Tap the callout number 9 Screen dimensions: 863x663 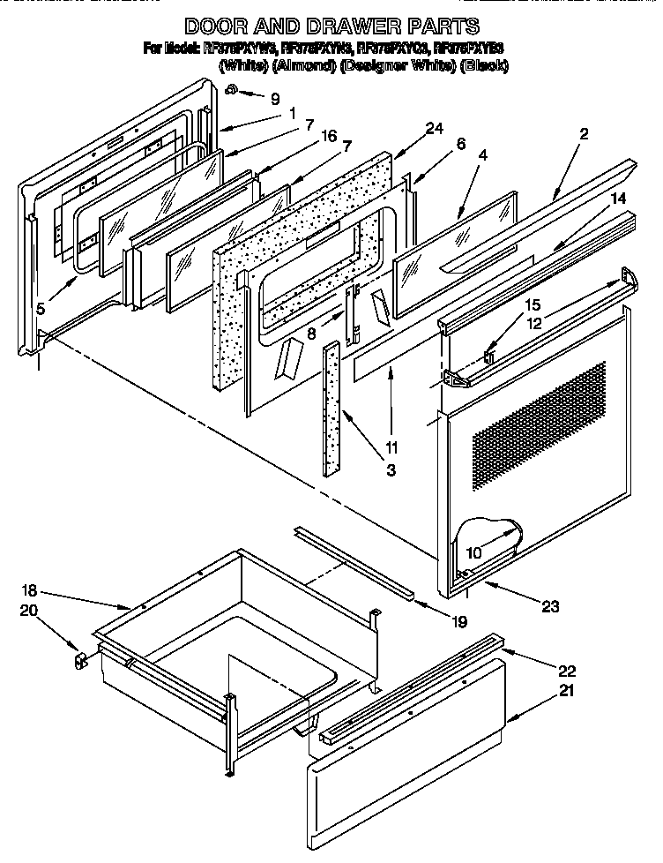click(275, 99)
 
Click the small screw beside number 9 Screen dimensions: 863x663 click(230, 89)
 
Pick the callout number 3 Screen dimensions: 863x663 click(390, 469)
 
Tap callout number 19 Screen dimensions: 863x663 click(457, 622)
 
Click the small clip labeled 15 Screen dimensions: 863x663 click(490, 356)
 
